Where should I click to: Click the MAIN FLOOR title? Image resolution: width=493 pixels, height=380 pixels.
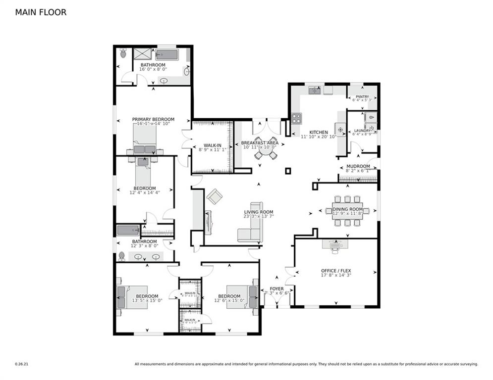(41, 12)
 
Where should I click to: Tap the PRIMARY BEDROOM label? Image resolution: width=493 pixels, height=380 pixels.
(153, 119)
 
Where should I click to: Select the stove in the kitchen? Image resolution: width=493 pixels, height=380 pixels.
(296, 118)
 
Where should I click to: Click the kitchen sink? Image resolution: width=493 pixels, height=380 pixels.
(314, 91)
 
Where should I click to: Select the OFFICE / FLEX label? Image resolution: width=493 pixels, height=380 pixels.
(336, 271)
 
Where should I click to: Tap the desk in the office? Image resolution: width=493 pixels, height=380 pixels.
(335, 244)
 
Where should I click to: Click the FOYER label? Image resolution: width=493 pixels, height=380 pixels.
(276, 288)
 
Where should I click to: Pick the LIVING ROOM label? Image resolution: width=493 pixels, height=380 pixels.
(256, 212)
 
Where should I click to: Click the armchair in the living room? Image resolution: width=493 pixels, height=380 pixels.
(215, 196)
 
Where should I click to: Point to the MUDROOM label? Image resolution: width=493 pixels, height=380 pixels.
(358, 166)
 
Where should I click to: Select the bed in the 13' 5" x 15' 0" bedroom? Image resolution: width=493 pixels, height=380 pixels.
(132, 297)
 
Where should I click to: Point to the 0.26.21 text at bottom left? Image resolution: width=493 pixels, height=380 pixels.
(22, 364)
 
